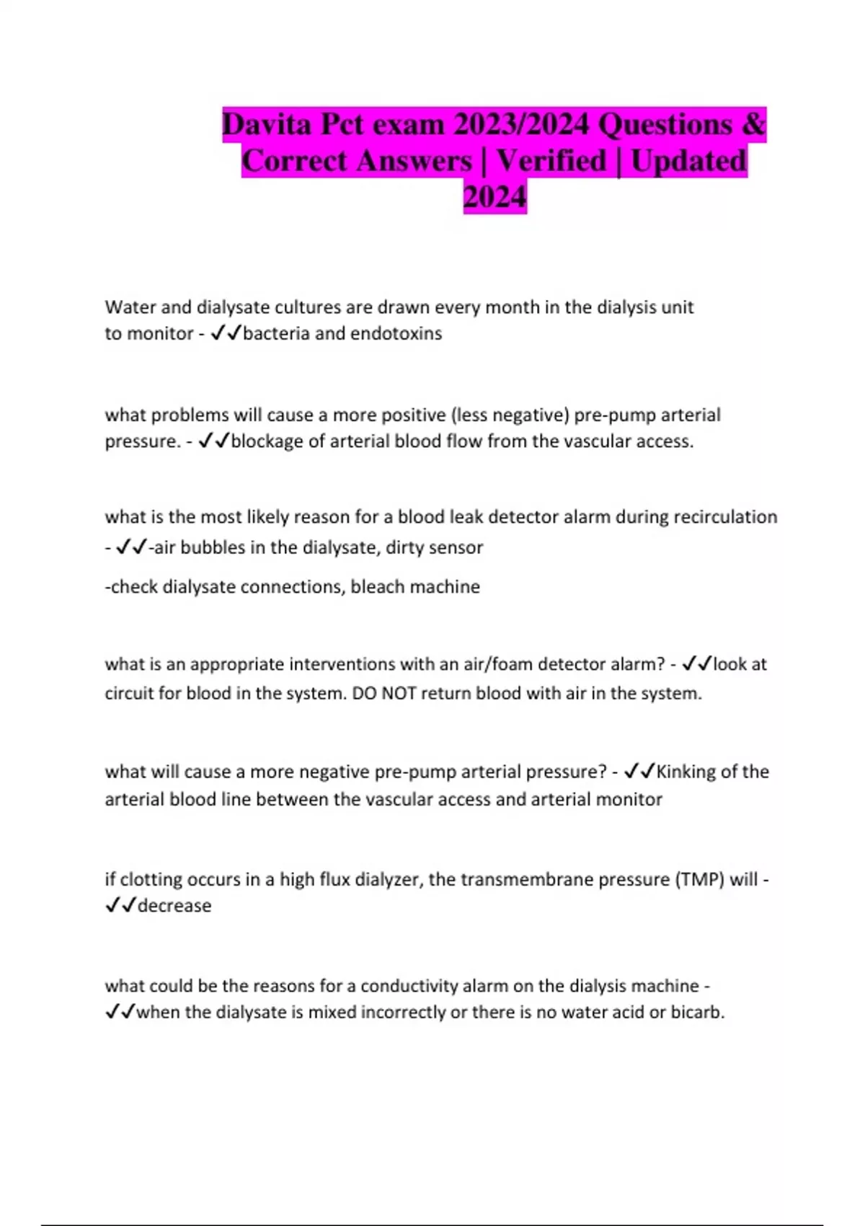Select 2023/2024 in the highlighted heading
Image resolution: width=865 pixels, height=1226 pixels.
[x=521, y=125]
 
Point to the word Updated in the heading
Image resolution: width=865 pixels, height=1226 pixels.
[x=688, y=161]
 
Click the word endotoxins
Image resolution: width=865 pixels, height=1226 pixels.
[x=396, y=333]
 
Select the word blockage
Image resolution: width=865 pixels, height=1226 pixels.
[x=267, y=441]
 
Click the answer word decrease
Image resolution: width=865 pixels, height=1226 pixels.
[x=174, y=906]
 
